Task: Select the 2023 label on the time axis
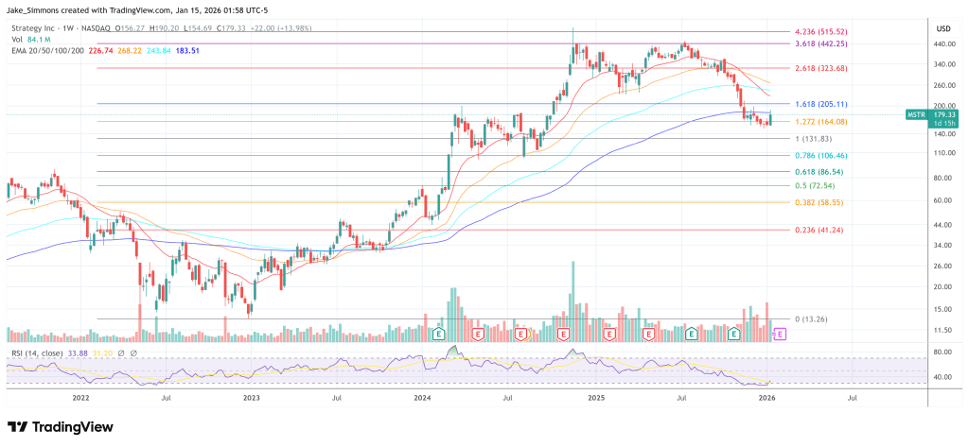coord(251,399)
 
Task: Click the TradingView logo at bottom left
coord(54,426)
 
